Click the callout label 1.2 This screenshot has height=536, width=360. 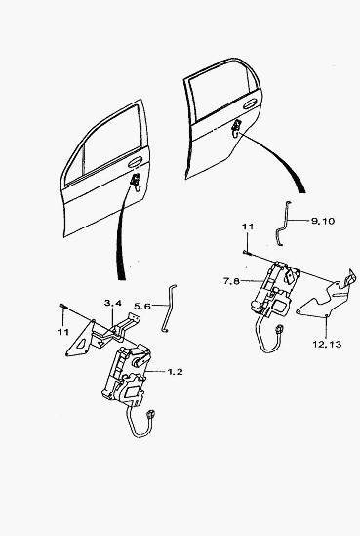click(175, 371)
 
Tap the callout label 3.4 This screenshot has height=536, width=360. click(113, 303)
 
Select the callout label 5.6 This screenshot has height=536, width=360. click(142, 306)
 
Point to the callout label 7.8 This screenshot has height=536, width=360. click(231, 281)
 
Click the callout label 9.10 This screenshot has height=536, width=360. click(323, 221)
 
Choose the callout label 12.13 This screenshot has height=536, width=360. click(327, 344)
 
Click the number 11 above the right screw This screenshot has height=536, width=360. click(248, 227)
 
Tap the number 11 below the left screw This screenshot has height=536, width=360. click(63, 332)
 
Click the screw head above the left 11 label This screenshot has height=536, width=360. click(62, 306)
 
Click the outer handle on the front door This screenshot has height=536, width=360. click(136, 162)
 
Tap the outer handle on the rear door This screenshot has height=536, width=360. click(250, 103)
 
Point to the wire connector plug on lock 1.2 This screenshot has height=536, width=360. click(150, 415)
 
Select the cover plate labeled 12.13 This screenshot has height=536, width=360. click(327, 296)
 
